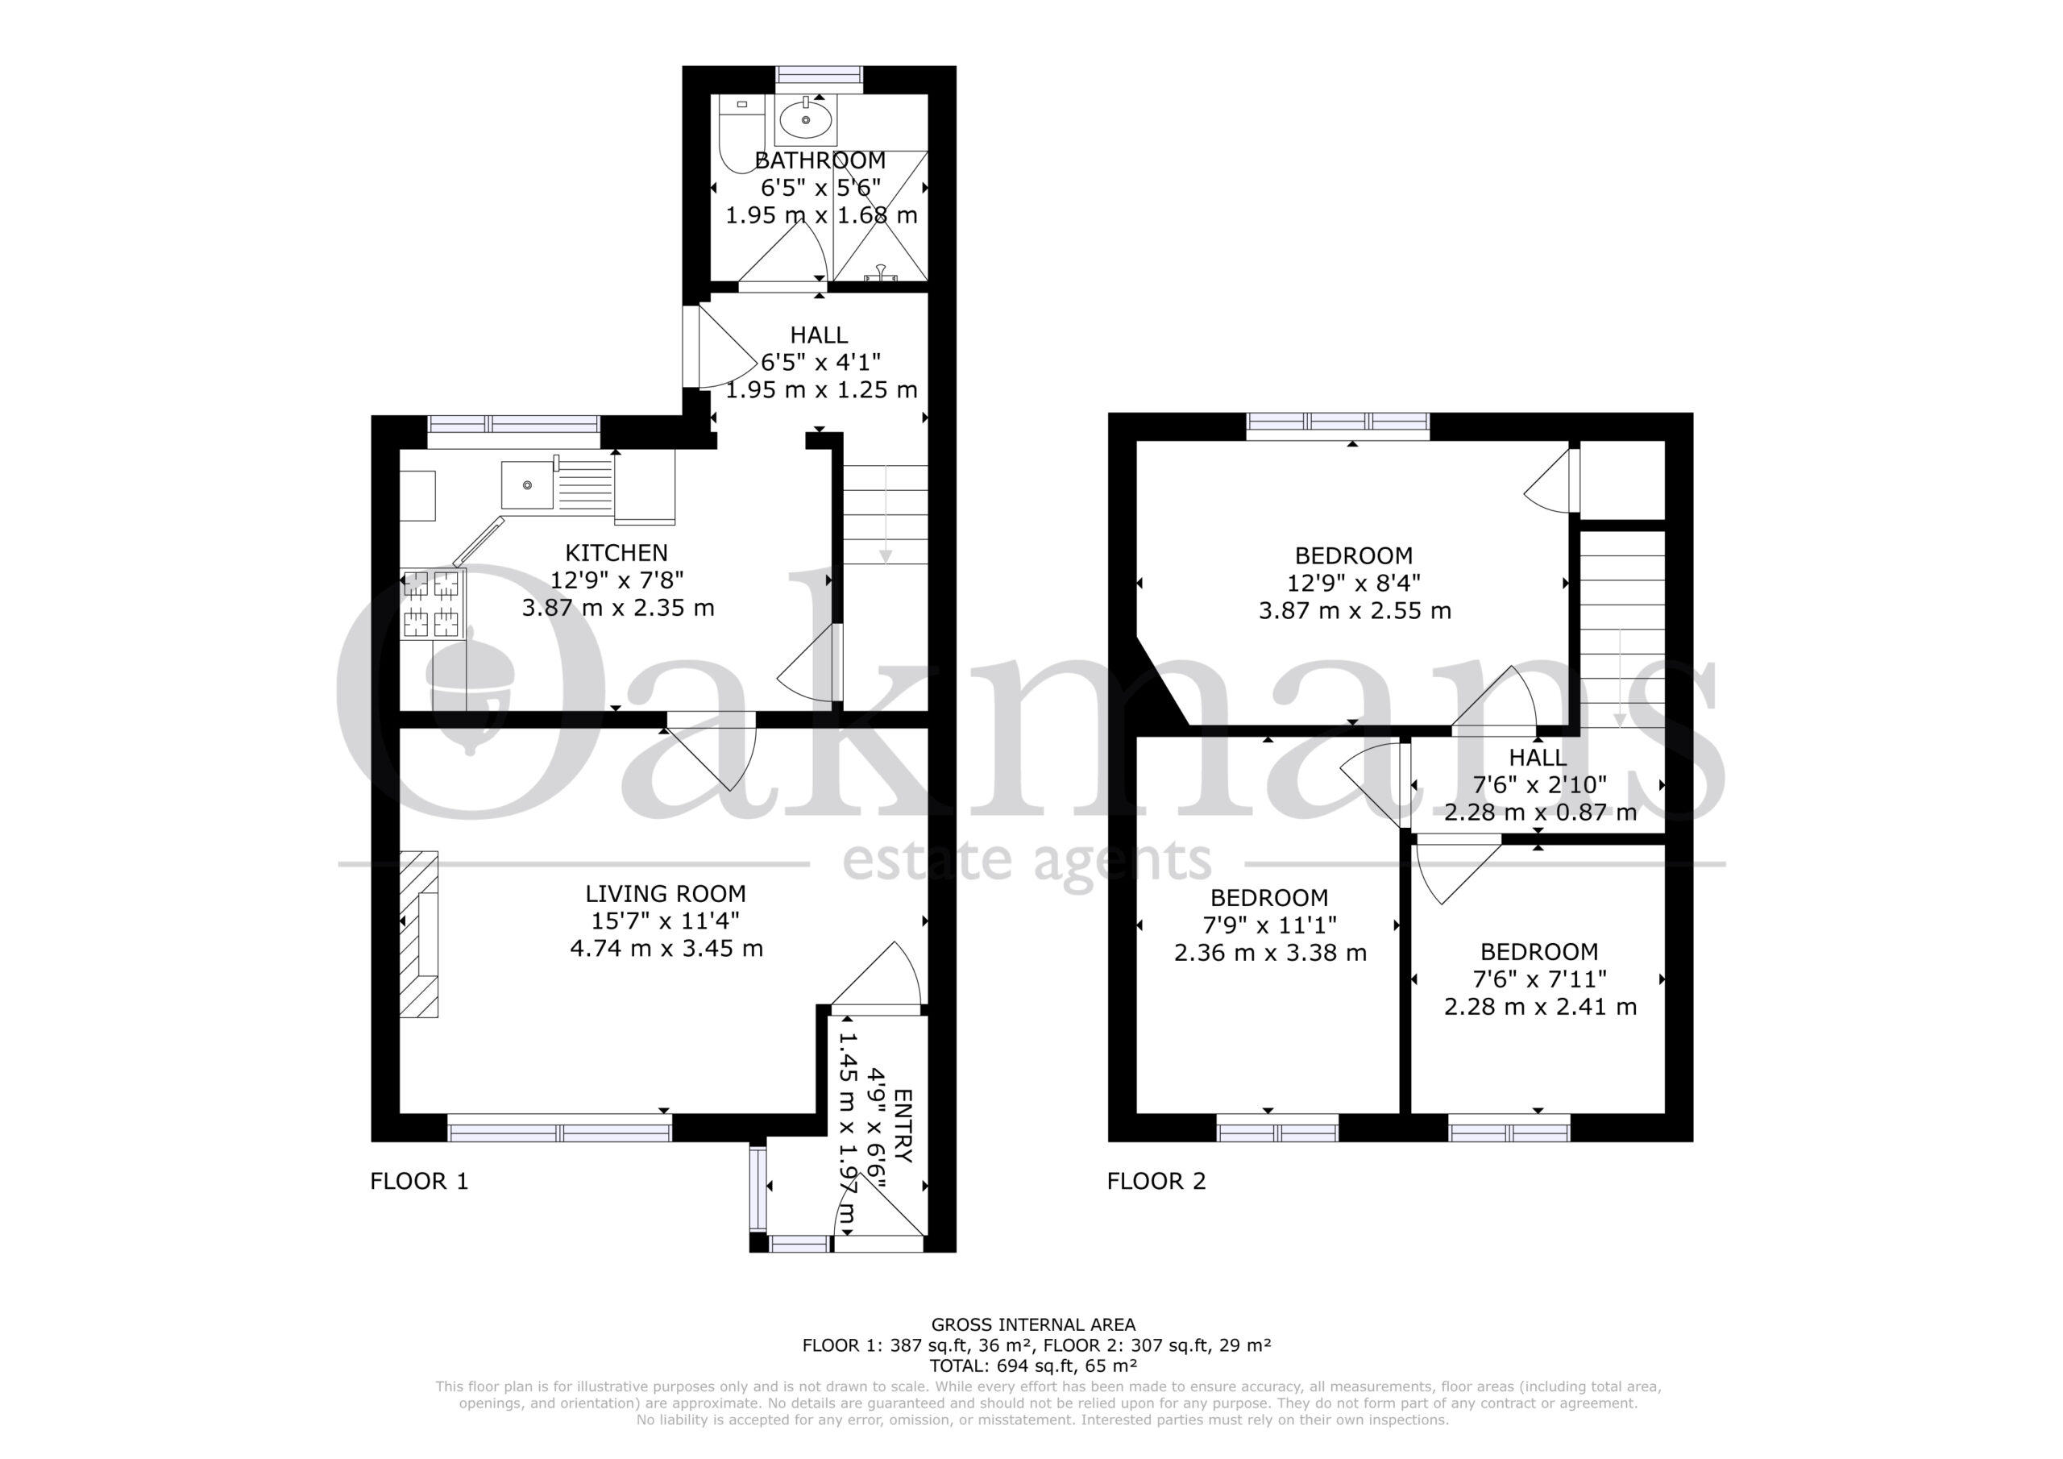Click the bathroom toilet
tap(740, 135)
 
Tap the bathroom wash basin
tap(805, 120)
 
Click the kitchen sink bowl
tap(527, 485)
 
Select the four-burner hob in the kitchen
tap(432, 603)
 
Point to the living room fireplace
tap(419, 934)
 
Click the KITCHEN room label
tap(616, 553)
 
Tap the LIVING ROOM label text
tap(666, 894)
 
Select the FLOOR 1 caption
tap(420, 1181)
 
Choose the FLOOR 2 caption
tap(1156, 1181)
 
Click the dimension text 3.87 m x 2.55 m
tap(1355, 611)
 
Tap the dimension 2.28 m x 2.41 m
tap(1540, 1007)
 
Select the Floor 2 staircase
tap(1623, 630)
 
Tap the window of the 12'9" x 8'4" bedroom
tap(1338, 426)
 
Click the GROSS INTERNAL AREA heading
tap(1033, 1324)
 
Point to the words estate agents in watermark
tap(1026, 861)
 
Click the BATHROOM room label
tap(820, 161)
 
